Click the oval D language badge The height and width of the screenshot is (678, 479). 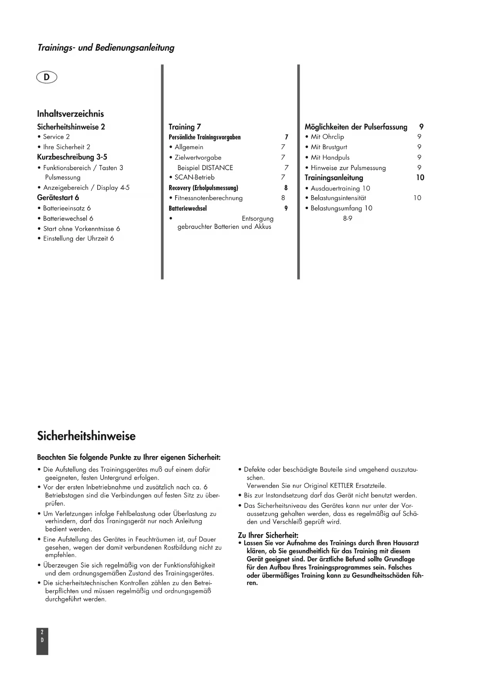click(x=46, y=77)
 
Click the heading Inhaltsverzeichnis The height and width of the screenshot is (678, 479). click(x=70, y=114)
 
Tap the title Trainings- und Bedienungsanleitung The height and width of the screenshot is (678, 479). click(x=106, y=48)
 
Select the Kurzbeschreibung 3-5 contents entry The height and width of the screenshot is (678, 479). click(x=72, y=157)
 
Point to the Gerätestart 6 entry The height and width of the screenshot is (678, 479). click(x=58, y=198)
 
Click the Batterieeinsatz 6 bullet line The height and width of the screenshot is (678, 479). click(x=66, y=208)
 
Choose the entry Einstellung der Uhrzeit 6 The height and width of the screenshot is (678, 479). click(x=78, y=238)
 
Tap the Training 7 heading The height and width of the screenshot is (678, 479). click(x=184, y=127)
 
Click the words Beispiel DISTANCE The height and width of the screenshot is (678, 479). click(x=205, y=168)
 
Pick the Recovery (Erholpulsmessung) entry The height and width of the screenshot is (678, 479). click(x=203, y=188)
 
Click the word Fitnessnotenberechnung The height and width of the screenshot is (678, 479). click(x=208, y=198)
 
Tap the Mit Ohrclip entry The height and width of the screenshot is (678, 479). click(x=327, y=137)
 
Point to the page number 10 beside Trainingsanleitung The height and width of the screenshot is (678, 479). click(x=420, y=178)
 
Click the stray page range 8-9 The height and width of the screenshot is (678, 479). click(x=347, y=218)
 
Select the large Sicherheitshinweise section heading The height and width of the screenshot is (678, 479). click(x=86, y=436)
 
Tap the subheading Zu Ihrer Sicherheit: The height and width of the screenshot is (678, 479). click(x=268, y=535)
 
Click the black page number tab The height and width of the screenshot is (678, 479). click(x=42, y=641)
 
